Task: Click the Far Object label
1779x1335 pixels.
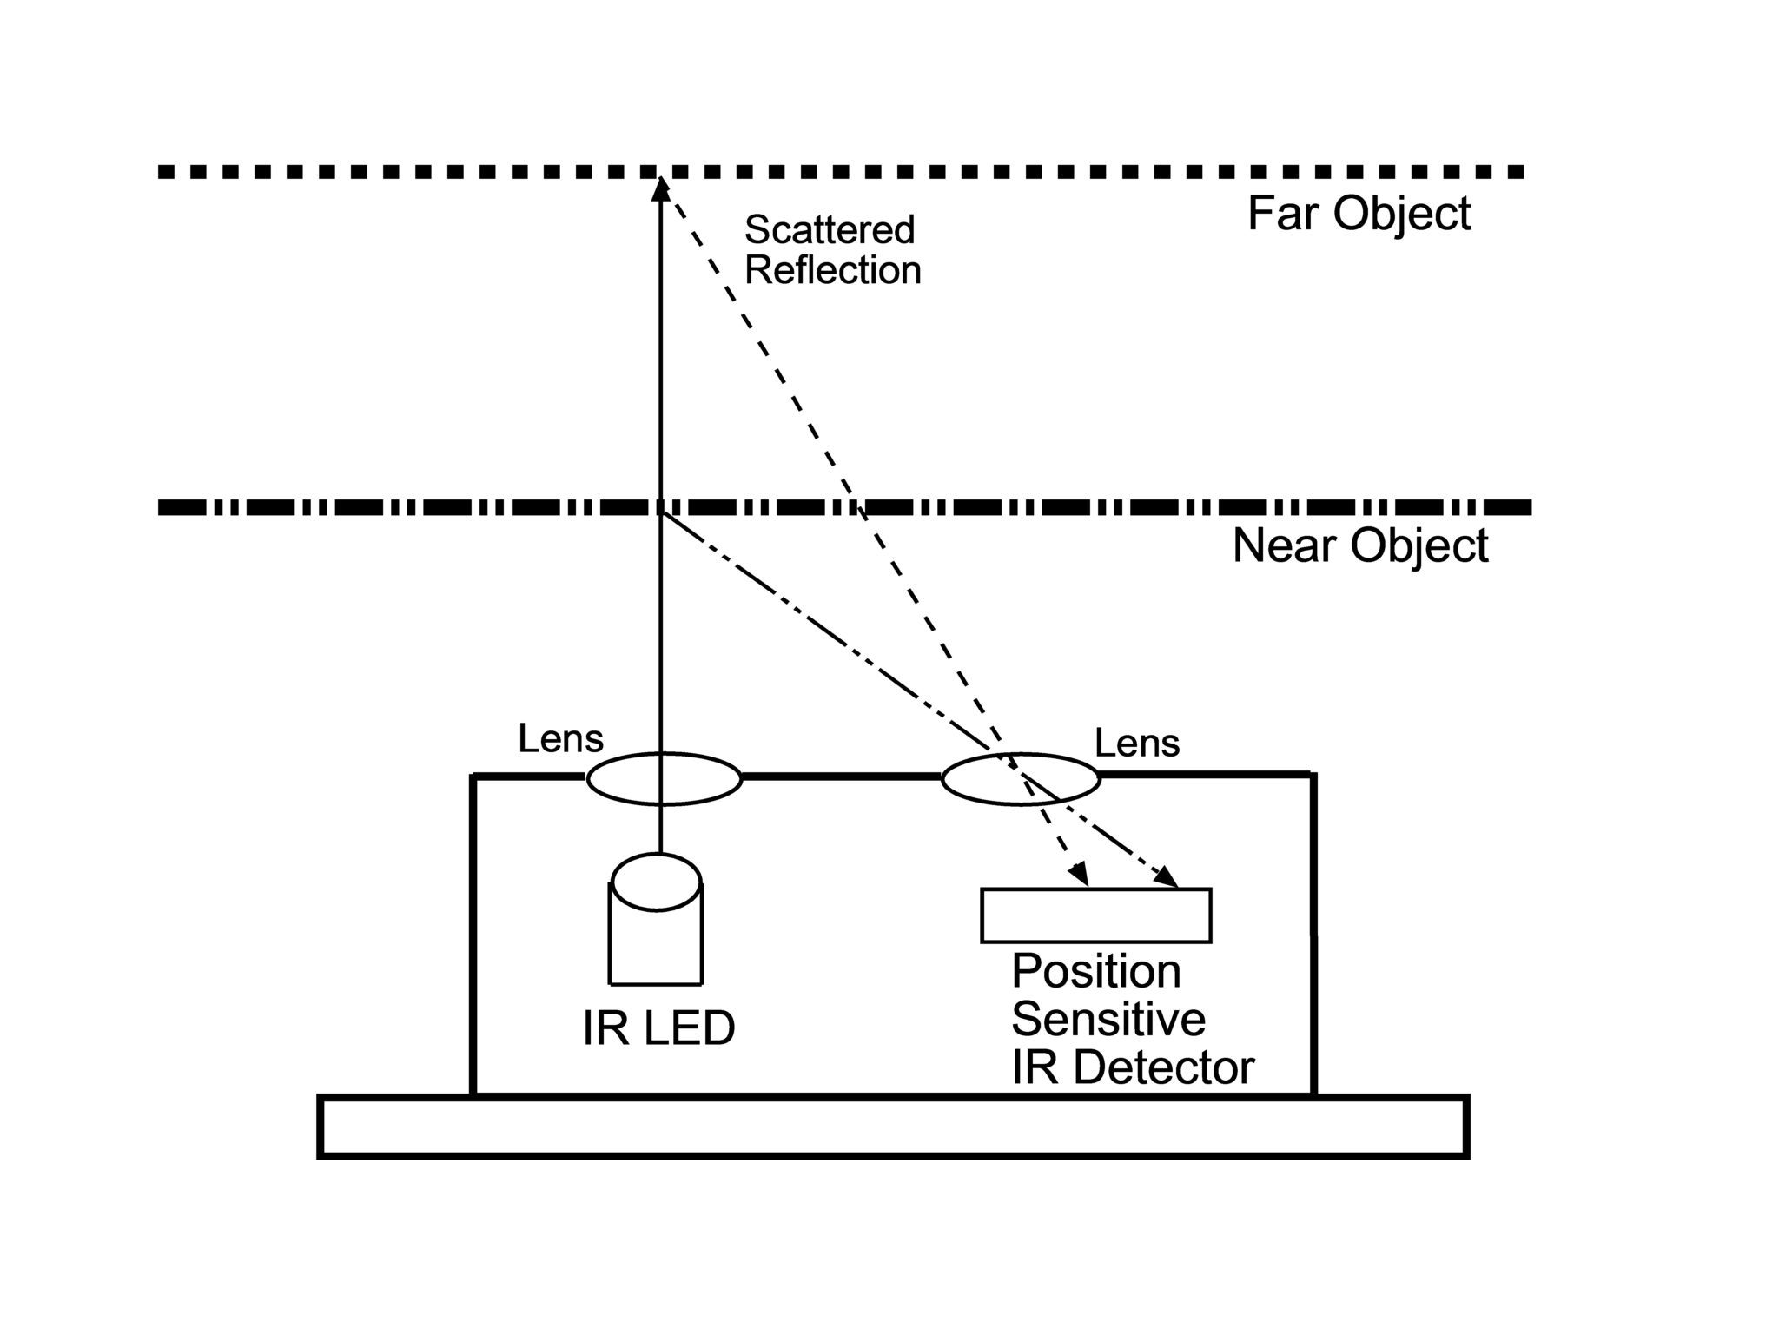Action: tap(1359, 214)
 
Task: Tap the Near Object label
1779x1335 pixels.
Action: tap(1359, 546)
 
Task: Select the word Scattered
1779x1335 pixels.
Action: tap(830, 230)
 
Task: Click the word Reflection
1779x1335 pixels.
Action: tap(832, 270)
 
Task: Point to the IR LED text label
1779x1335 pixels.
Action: tap(658, 1028)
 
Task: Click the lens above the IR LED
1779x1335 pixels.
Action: tap(664, 778)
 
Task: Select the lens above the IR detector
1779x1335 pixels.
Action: tap(1021, 779)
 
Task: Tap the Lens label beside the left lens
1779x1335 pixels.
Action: tap(560, 739)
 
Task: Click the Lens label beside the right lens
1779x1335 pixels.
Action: tap(1136, 744)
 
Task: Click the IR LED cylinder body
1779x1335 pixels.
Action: tap(656, 947)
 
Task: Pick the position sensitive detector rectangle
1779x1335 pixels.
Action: tap(1095, 915)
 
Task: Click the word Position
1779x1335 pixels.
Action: tap(1096, 971)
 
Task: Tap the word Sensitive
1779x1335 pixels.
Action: tap(1108, 1019)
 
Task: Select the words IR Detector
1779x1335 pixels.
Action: tap(1132, 1067)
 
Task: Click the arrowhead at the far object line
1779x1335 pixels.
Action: tap(660, 187)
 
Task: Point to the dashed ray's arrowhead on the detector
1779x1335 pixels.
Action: tap(1080, 875)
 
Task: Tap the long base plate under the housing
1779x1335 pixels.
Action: tap(893, 1127)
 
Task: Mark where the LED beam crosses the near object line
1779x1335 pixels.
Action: tap(660, 507)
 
